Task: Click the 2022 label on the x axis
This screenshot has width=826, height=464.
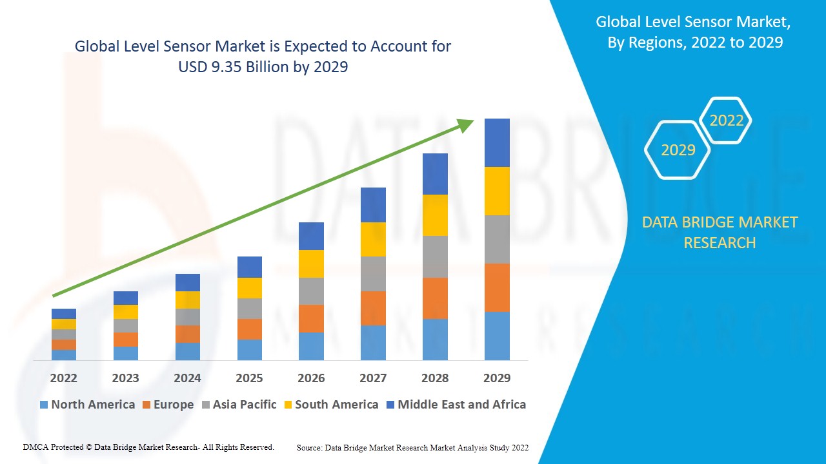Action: (63, 378)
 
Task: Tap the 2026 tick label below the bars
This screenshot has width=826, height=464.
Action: (311, 378)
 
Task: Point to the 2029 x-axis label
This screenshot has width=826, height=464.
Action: (497, 378)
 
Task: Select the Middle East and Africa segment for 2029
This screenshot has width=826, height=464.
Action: (497, 142)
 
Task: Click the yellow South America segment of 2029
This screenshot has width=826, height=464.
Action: (497, 191)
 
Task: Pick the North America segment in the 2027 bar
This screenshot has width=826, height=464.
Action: (373, 342)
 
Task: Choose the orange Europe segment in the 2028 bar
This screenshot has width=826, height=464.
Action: (435, 298)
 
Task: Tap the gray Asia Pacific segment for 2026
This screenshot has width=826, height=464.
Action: (311, 291)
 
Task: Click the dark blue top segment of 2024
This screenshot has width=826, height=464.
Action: (187, 282)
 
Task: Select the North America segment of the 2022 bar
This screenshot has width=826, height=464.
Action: (63, 354)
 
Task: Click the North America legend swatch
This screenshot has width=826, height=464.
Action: (44, 405)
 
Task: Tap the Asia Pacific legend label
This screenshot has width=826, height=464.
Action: (245, 405)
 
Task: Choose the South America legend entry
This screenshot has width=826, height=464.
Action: (336, 405)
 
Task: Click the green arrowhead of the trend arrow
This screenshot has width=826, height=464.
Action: (466, 124)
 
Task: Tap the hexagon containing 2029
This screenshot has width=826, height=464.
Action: (678, 150)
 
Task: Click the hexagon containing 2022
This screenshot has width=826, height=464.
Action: (726, 121)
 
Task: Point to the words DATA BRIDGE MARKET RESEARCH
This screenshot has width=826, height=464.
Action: (720, 233)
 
